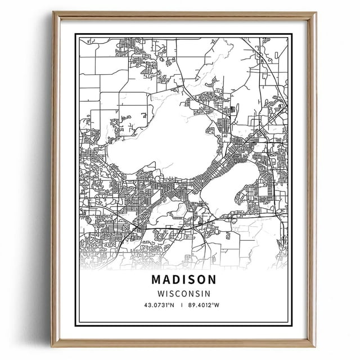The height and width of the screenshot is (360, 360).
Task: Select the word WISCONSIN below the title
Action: [x=184, y=293]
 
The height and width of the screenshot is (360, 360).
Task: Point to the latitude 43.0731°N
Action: [x=160, y=305]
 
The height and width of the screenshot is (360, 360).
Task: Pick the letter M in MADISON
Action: [x=156, y=280]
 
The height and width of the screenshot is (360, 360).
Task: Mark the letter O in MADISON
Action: [x=200, y=280]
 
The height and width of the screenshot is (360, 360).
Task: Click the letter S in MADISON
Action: [x=191, y=280]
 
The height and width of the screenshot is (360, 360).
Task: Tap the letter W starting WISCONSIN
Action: [x=160, y=293]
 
